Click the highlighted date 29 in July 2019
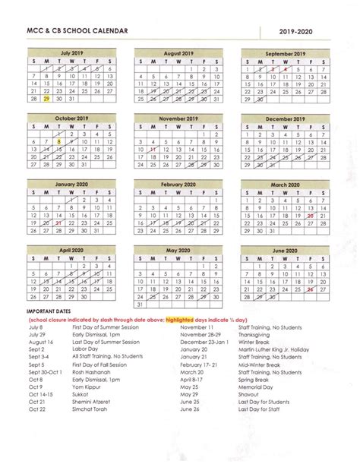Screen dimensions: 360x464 pyautogui.click(x=47, y=99)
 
